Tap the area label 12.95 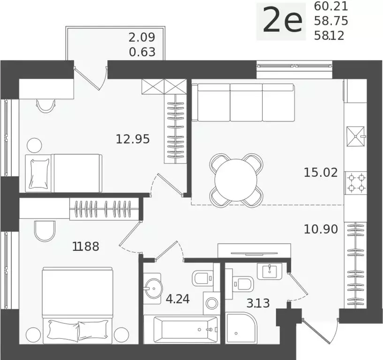(x=133, y=139)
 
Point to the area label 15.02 (x=321, y=172)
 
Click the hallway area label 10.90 (x=321, y=229)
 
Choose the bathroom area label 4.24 (x=178, y=299)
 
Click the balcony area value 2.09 (x=142, y=37)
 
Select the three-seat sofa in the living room (x=246, y=102)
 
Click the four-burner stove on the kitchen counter (x=356, y=183)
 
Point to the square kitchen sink (x=356, y=136)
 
